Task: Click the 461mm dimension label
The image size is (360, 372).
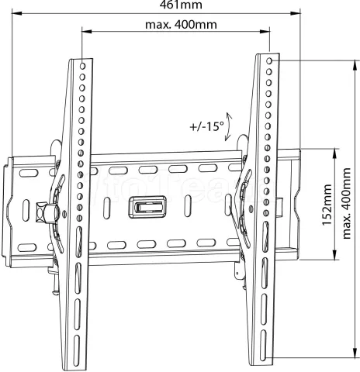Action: (181, 5)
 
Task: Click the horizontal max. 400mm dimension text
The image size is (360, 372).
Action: (181, 25)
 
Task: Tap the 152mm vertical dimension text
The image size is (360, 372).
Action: (327, 205)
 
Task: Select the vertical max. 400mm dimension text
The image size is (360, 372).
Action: (347, 204)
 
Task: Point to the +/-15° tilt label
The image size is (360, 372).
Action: (206, 126)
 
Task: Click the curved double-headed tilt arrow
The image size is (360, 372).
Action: (228, 126)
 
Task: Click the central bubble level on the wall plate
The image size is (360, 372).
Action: (147, 207)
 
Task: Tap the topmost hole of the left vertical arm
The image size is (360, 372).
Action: (82, 66)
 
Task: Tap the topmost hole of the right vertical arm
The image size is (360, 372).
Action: (269, 61)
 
